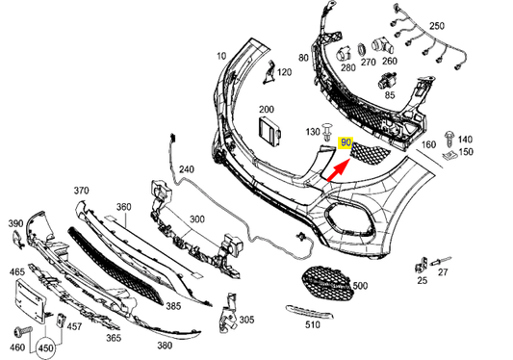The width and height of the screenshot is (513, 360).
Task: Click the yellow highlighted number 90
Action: [x=346, y=144]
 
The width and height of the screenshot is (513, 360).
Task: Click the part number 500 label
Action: [x=360, y=286]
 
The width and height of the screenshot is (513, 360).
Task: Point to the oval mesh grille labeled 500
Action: [x=322, y=281]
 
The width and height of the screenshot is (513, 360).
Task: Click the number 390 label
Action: [x=16, y=223]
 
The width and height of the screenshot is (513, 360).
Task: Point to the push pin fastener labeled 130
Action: [x=329, y=130]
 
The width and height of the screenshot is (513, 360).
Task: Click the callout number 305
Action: [x=246, y=320]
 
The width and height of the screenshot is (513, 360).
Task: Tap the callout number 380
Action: [x=164, y=345]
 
